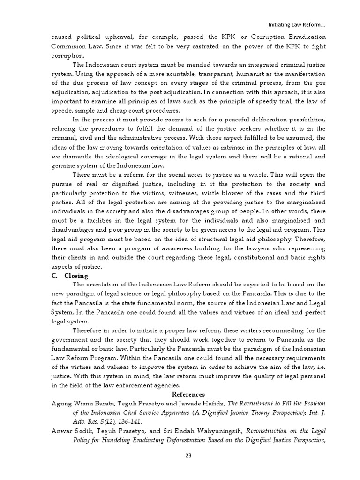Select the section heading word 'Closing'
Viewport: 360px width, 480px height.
click(x=76, y=276)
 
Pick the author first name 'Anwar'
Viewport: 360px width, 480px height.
click(x=61, y=430)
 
